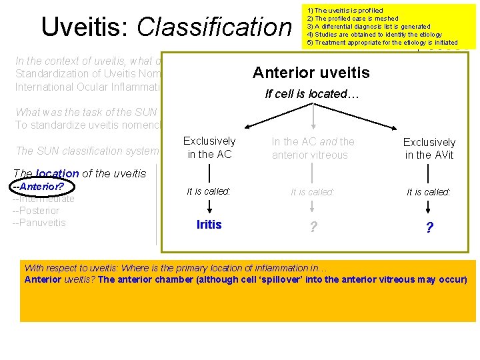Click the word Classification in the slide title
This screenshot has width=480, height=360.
click(x=214, y=27)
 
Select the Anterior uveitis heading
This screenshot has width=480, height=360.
click(x=311, y=73)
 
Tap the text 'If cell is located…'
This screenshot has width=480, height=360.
click(x=312, y=95)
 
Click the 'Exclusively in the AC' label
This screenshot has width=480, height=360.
click(x=209, y=148)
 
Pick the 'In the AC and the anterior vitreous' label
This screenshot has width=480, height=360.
click(x=313, y=148)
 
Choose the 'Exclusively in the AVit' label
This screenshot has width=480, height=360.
click(x=429, y=149)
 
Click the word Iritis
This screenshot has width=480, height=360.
click(x=209, y=225)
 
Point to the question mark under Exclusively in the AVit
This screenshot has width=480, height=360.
click(x=429, y=228)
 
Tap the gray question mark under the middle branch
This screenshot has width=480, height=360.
click(x=313, y=227)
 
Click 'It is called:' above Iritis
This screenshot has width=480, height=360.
click(x=209, y=191)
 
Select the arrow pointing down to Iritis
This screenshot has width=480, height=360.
click(x=209, y=206)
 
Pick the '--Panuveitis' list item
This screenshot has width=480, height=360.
click(x=39, y=223)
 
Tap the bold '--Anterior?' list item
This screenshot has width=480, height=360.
click(x=37, y=187)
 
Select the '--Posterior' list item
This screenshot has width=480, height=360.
click(x=37, y=211)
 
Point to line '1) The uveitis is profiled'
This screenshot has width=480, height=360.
click(x=345, y=11)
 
